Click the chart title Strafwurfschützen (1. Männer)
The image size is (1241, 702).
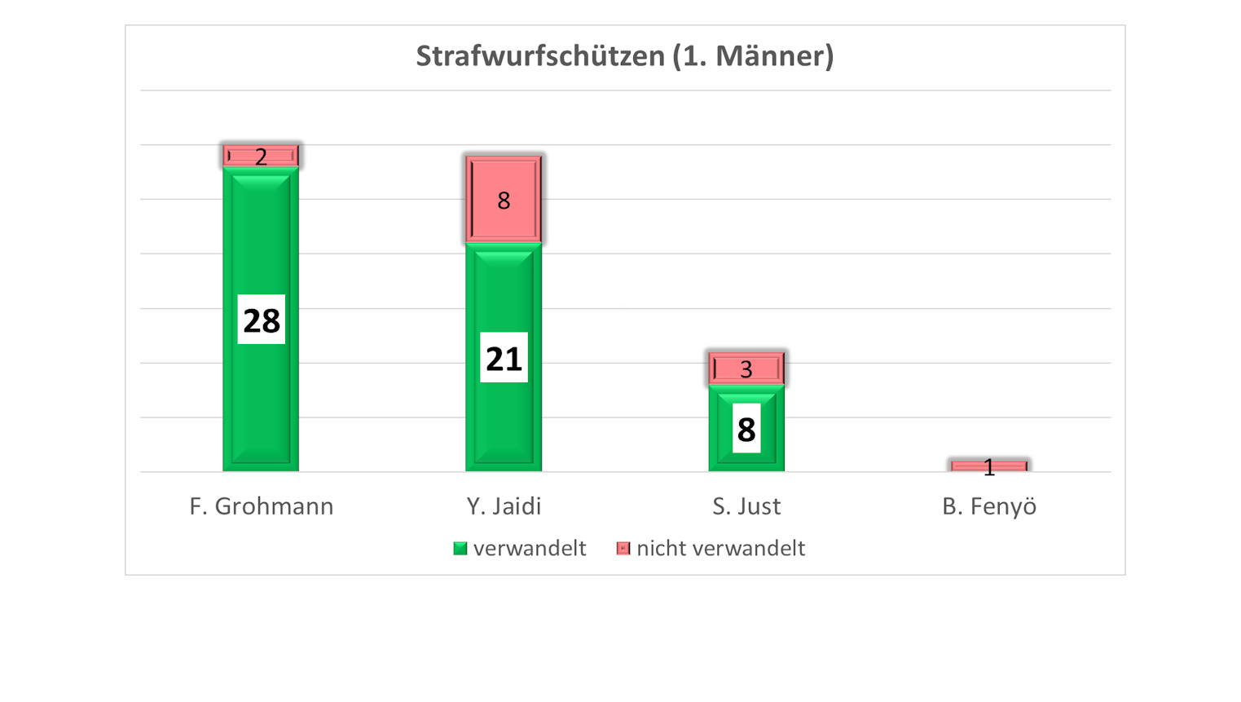click(x=625, y=56)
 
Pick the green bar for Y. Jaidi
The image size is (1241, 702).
click(x=504, y=294)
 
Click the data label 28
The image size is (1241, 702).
click(x=262, y=320)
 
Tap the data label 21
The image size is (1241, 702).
click(x=504, y=358)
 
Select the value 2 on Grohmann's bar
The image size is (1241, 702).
click(x=261, y=157)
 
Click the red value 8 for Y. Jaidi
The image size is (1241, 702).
click(x=504, y=201)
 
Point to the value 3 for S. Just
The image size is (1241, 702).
click(x=746, y=369)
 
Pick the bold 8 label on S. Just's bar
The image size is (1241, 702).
click(x=746, y=429)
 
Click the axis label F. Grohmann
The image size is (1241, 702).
click(x=262, y=506)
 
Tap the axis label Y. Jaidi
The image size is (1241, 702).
click(x=504, y=506)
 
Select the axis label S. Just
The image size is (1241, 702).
click(x=746, y=506)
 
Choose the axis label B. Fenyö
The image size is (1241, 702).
click(x=989, y=506)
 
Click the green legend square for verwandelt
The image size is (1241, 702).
click(x=460, y=549)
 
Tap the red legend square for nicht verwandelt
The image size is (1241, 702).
click(x=623, y=549)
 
